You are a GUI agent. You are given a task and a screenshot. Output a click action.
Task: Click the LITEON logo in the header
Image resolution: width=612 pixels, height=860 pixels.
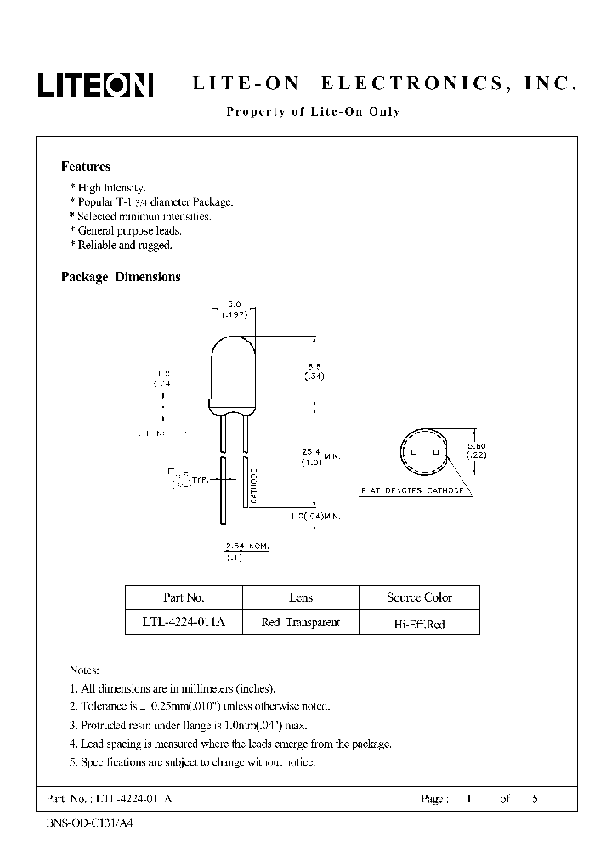click(94, 83)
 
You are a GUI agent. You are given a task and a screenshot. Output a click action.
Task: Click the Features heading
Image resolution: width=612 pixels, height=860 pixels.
click(85, 167)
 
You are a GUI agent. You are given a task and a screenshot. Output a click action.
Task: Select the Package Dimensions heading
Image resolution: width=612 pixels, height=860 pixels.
click(121, 277)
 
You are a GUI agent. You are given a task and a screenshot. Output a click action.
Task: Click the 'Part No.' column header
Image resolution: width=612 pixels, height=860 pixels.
click(184, 597)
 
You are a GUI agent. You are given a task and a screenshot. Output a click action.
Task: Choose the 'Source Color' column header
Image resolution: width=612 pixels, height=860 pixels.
click(419, 597)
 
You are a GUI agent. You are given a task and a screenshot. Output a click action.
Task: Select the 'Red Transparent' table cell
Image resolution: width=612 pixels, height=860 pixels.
click(301, 623)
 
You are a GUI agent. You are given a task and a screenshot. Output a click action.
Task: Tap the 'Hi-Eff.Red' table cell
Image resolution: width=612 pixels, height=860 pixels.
click(419, 624)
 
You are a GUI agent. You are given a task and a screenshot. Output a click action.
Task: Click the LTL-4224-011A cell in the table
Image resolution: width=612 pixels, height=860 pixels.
click(184, 623)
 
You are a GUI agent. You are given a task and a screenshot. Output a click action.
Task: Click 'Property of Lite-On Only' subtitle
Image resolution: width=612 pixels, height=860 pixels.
click(312, 112)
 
